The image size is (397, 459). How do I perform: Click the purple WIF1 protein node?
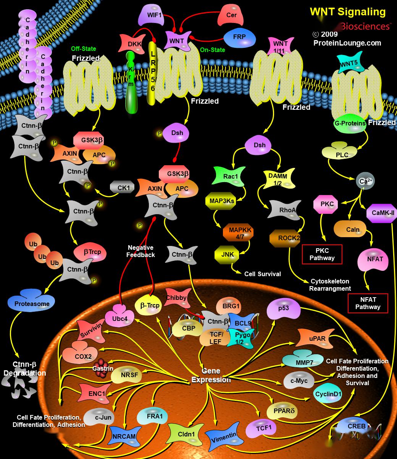click(155, 16)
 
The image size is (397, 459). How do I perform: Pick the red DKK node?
click(134, 44)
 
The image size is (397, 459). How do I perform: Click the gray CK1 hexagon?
click(123, 188)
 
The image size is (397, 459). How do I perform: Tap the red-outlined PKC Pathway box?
click(322, 254)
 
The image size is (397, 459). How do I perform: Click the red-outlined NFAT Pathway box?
click(368, 303)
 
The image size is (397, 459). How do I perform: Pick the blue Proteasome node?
click(32, 303)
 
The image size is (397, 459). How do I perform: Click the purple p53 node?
click(284, 308)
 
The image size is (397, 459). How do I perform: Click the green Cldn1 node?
click(186, 434)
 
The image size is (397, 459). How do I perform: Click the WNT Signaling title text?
click(347, 12)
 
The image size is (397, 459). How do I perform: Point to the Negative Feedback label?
click(141, 251)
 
